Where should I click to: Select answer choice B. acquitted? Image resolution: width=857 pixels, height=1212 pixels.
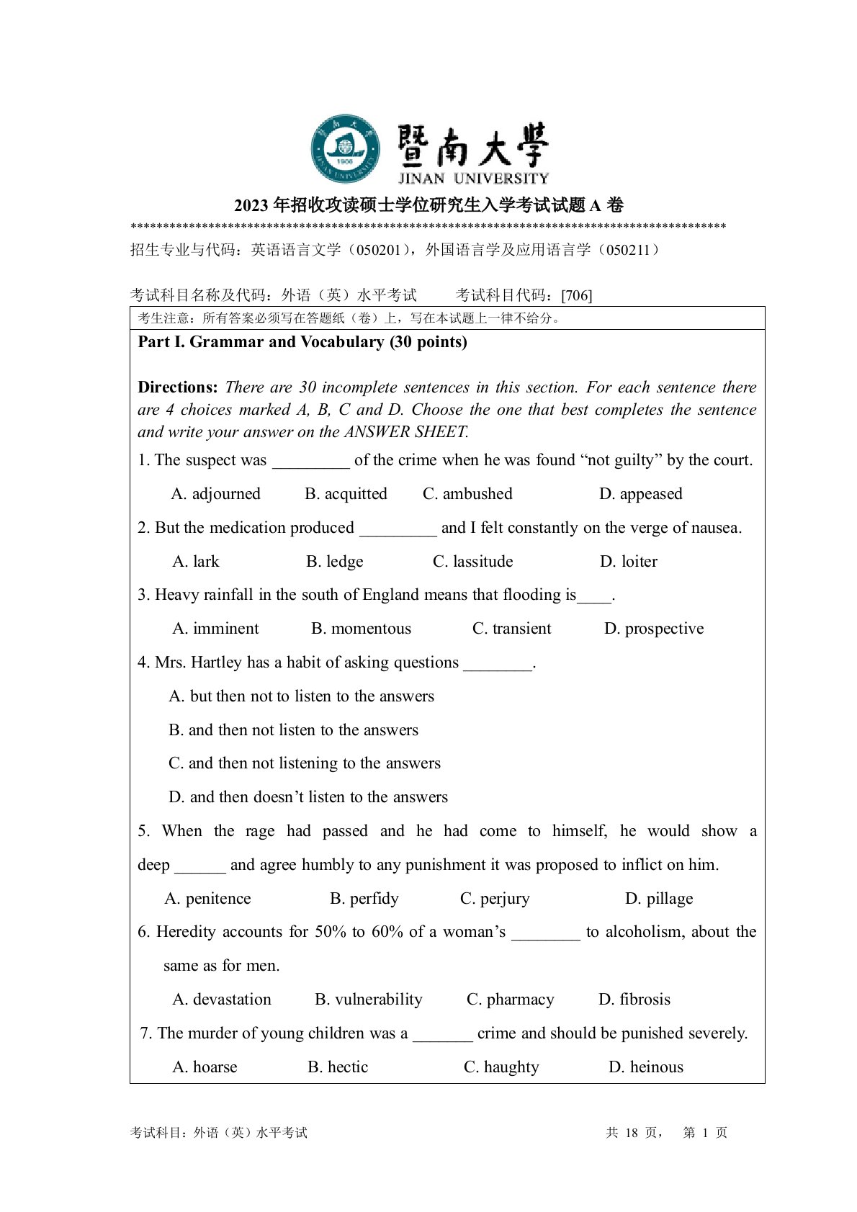346,494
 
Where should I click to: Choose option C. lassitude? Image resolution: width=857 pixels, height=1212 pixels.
472,562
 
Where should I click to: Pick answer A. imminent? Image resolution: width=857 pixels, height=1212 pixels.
215,629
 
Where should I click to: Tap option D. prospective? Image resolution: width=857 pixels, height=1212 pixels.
653,629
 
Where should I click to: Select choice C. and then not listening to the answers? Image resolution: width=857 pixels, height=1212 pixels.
304,763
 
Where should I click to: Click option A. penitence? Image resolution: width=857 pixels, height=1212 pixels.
207,899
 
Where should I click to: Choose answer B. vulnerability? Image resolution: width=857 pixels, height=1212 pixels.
368,1000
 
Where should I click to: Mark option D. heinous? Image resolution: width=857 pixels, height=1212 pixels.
645,1067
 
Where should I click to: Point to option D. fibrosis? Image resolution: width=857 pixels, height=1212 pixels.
634,1000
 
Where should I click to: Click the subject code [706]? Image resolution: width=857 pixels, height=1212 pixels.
576,295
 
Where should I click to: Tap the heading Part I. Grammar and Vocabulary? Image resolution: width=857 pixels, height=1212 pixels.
302,342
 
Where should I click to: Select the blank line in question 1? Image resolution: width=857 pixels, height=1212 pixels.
310,462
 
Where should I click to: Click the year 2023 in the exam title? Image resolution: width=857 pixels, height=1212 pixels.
251,206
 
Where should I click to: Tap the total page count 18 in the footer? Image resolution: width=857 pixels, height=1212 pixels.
632,1133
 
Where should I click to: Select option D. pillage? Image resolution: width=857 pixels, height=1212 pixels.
658,899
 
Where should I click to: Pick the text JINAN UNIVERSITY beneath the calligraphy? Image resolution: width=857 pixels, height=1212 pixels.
473,178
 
